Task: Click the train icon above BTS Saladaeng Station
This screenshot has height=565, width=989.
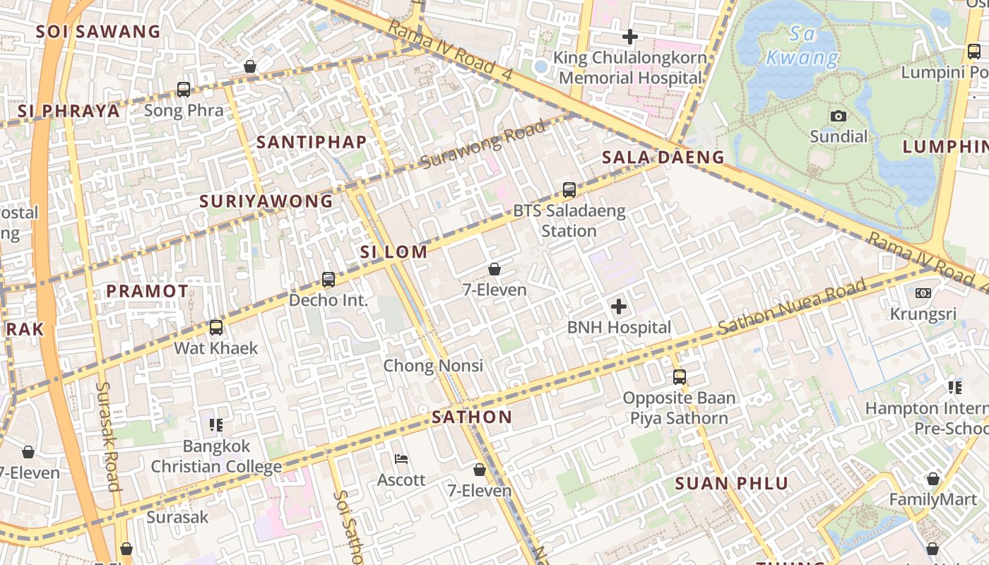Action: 569,189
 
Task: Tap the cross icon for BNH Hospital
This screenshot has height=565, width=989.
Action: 619,307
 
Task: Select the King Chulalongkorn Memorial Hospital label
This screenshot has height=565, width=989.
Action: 629,68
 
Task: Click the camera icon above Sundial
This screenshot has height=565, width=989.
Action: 839,116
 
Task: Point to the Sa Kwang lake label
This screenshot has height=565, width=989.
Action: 803,46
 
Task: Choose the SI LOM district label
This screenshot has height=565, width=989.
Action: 393,252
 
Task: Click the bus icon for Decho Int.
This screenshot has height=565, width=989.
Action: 328,279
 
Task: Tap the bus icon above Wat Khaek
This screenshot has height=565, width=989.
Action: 216,328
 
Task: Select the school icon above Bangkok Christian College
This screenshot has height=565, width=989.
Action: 216,425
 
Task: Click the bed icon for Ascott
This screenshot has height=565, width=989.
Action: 401,459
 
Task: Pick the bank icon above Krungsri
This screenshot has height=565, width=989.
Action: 923,293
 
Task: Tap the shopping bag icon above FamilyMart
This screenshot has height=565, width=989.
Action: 933,480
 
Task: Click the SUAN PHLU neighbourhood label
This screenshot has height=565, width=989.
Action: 731,484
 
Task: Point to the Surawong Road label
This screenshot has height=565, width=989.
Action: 484,145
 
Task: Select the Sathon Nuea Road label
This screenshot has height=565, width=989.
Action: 792,307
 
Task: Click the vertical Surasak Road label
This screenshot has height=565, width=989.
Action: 107,436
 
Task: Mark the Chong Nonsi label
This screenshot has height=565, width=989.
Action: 433,366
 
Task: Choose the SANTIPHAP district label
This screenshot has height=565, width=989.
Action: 312,142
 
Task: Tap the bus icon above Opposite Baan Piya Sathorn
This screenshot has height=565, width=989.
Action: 680,377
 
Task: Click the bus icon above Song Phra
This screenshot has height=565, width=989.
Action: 184,90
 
